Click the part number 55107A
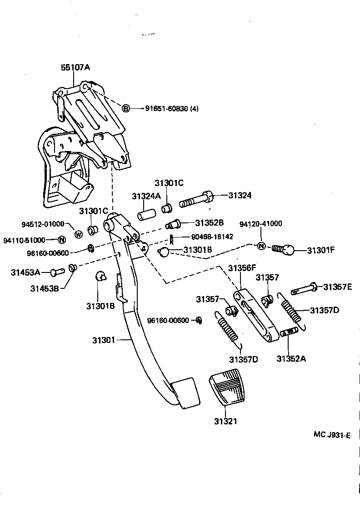pyautogui.click(x=75, y=67)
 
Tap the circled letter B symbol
pyautogui.click(x=126, y=108)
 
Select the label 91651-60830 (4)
pyautogui.click(x=172, y=109)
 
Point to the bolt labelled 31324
pyautogui.click(x=195, y=199)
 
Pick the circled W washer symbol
pyautogui.click(x=78, y=234)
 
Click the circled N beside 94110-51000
pyautogui.click(x=62, y=240)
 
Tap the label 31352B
pyautogui.click(x=210, y=223)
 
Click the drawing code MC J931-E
pyautogui.click(x=332, y=435)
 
